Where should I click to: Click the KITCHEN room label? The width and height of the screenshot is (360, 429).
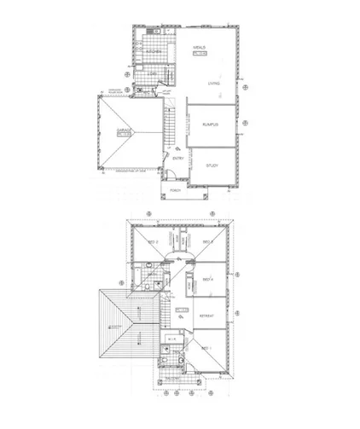click(x=154, y=52)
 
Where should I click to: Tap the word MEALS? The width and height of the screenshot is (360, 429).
click(x=200, y=48)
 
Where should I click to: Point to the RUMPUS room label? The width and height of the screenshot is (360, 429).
click(x=211, y=125)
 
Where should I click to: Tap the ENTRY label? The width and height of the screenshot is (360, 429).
click(x=179, y=158)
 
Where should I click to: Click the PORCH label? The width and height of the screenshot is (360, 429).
click(x=176, y=191)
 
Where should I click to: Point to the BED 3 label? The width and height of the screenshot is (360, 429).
click(x=206, y=242)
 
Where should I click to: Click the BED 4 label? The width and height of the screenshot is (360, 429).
click(x=206, y=279)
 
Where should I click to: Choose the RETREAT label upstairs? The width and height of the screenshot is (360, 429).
click(x=206, y=316)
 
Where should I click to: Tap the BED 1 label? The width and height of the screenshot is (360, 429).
click(x=206, y=349)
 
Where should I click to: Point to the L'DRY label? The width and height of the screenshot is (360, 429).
click(x=152, y=74)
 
